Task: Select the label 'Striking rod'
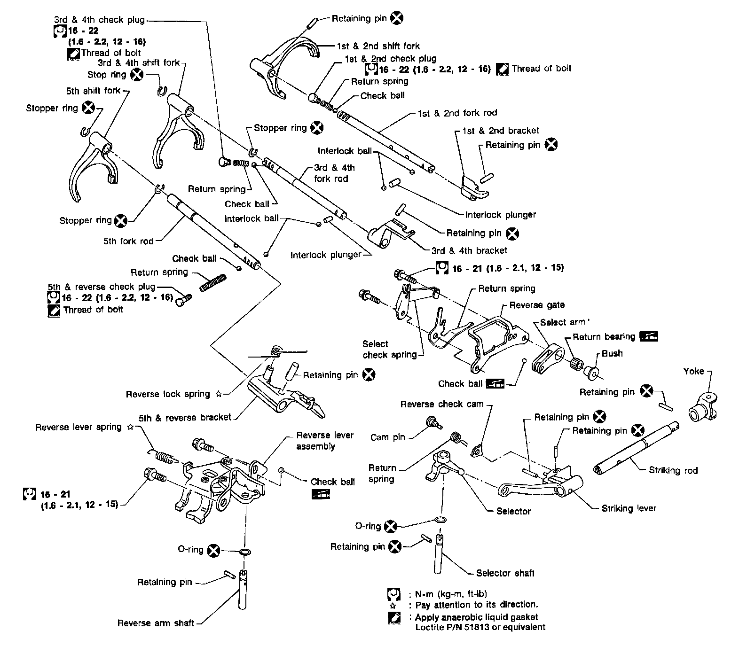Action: click(673, 470)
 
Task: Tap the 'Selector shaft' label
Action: click(505, 573)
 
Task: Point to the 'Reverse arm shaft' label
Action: click(156, 623)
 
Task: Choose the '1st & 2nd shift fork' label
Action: click(378, 46)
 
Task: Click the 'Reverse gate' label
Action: click(537, 305)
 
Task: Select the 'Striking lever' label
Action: click(629, 508)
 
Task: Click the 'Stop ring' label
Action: click(107, 75)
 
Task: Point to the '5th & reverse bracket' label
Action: click(185, 417)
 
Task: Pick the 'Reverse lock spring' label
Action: click(167, 394)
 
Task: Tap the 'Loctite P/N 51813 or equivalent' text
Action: click(480, 627)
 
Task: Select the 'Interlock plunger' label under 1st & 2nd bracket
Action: click(500, 215)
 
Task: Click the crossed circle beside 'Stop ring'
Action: click(136, 74)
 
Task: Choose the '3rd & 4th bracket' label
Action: click(469, 250)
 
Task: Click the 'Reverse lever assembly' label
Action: click(324, 441)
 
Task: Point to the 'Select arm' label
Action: click(562, 322)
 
